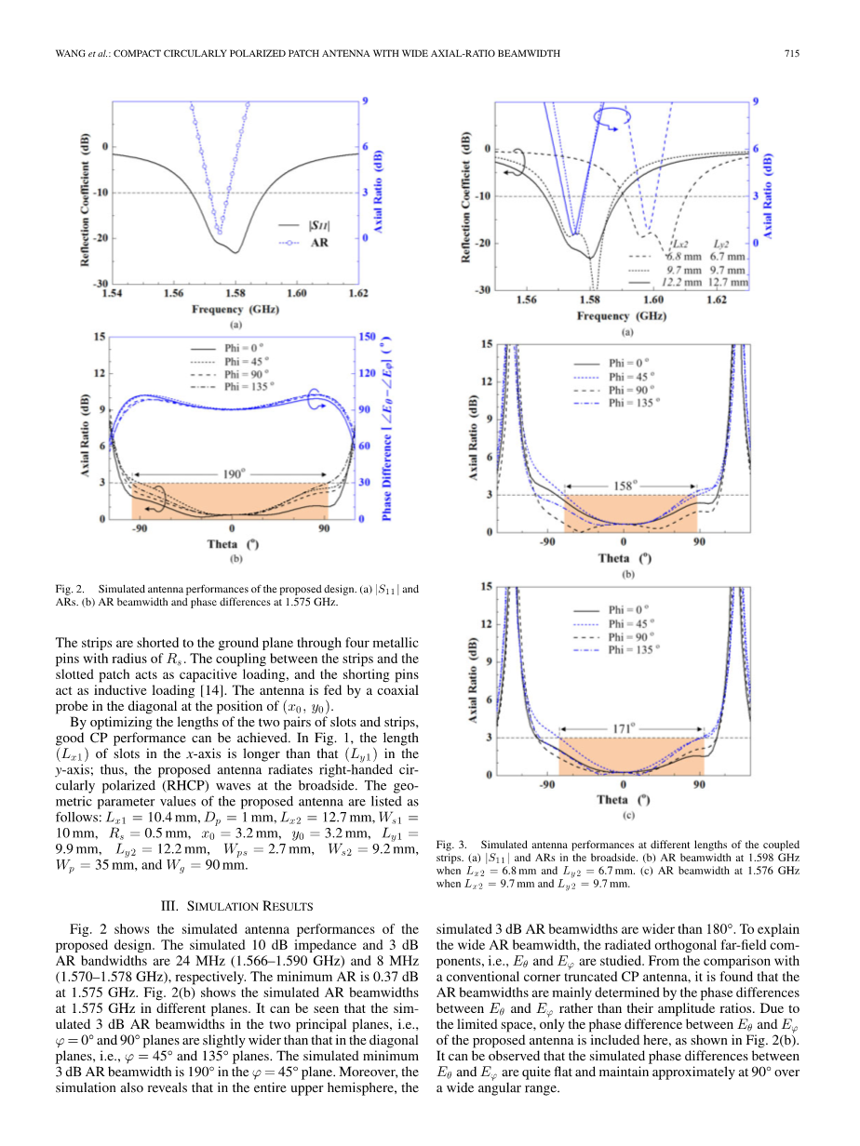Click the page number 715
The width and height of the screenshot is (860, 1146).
tap(792, 54)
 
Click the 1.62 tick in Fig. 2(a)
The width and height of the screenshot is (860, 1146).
tap(357, 294)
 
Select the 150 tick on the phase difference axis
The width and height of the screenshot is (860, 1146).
tap(367, 338)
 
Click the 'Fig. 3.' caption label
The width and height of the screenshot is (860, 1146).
tap(450, 845)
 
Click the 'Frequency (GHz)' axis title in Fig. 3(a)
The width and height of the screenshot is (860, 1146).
tap(616, 315)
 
